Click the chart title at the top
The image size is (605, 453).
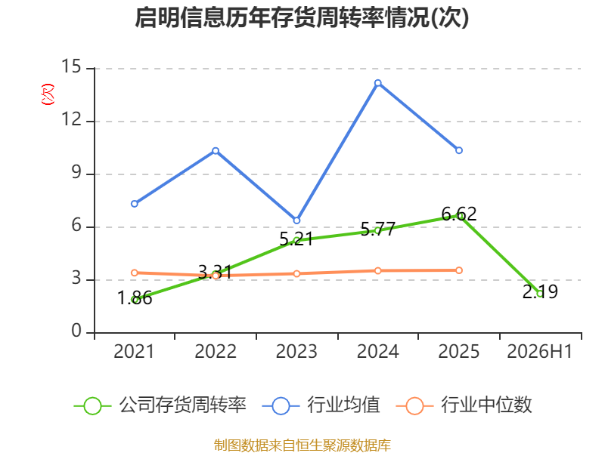click(302, 17)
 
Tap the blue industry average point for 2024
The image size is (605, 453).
click(377, 83)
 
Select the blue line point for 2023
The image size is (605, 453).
click(296, 220)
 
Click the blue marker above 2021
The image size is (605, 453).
click(135, 203)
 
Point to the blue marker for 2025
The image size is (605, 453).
click(459, 150)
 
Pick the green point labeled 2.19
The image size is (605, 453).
click(540, 294)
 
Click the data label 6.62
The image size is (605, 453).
click(459, 214)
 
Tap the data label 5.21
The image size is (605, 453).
click(296, 239)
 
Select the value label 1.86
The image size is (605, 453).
click(135, 298)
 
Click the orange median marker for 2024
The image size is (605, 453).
click(377, 271)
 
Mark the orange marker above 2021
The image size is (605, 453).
click(135, 273)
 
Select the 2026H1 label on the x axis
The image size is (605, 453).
click(539, 351)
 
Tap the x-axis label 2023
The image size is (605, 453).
click(296, 351)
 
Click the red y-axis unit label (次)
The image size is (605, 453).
click(48, 94)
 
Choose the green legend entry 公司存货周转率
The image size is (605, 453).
click(160, 405)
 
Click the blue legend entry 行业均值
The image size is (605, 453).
click(321, 405)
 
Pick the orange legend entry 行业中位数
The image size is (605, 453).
click(464, 405)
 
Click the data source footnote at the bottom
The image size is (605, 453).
click(302, 445)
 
